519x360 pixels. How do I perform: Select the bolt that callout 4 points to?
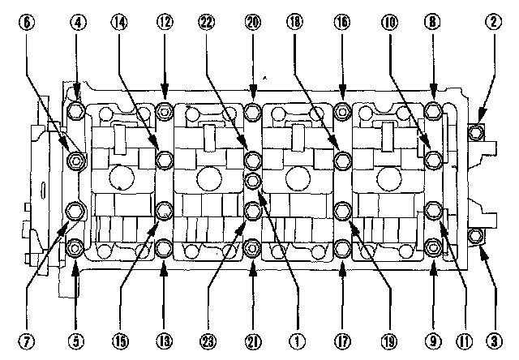76,110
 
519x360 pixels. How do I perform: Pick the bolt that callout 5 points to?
76,247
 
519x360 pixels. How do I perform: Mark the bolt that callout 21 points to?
253,246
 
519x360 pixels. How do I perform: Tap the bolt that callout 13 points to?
165,246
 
